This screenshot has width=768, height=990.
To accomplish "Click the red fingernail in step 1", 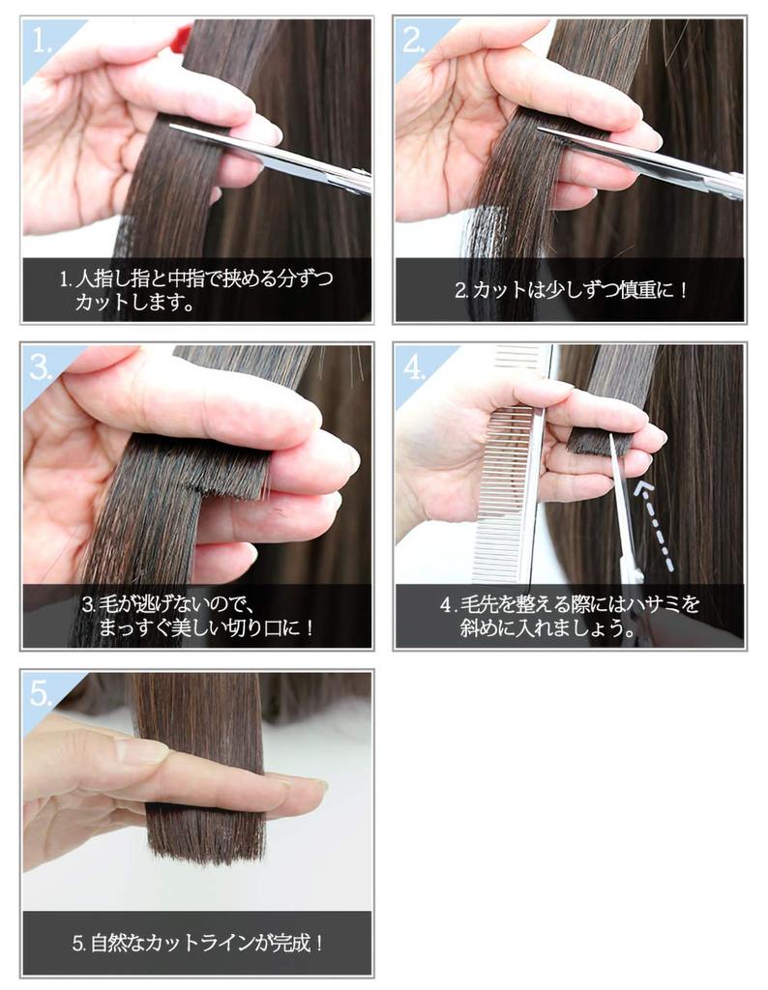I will (181, 39).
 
